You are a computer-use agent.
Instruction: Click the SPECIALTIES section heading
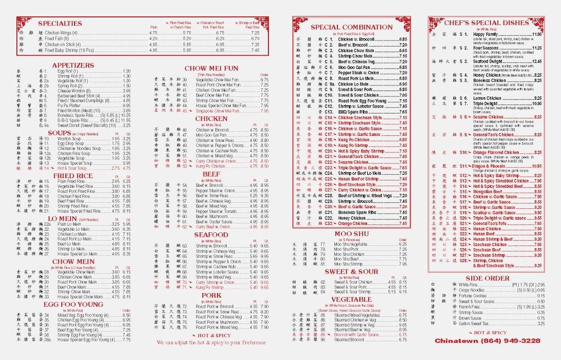tap(60, 24)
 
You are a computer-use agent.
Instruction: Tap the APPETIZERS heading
tap(73, 65)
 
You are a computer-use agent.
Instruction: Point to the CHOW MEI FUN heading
tap(211, 68)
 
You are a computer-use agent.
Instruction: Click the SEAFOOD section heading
tap(211, 235)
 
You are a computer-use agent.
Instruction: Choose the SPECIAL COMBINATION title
tap(351, 27)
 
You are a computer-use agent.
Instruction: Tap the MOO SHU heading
tap(350, 234)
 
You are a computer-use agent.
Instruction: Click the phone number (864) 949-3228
tap(509, 341)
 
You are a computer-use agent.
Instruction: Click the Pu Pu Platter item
tap(68, 105)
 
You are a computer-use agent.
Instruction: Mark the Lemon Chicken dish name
tap(487, 98)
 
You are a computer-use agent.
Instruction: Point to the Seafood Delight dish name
tap(489, 61)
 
